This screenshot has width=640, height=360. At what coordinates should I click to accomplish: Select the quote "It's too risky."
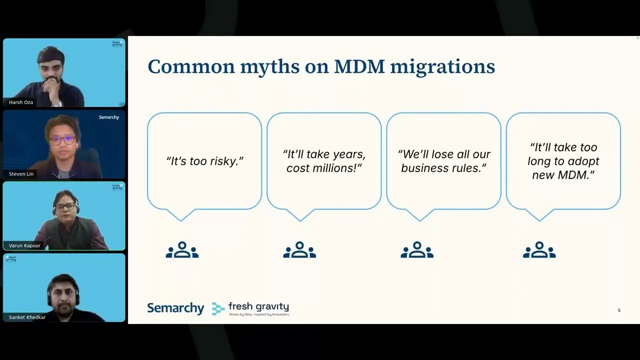coord(204,161)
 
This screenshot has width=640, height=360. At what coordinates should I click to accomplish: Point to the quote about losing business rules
coord(444,161)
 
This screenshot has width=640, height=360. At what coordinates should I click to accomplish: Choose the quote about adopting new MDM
coord(563,161)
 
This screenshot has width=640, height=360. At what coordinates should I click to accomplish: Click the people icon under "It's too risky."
coord(182,250)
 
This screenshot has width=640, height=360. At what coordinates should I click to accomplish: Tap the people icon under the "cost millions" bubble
coord(299,250)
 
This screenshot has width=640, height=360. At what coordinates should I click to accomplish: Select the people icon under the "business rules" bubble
coord(417,250)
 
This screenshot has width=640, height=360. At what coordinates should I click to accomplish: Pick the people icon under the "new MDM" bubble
coord(539,250)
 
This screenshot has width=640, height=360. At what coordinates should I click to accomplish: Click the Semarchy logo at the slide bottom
coord(175,308)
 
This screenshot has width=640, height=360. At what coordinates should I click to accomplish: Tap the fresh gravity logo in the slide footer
coord(251,308)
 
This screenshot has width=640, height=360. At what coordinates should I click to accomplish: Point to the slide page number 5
coord(619,310)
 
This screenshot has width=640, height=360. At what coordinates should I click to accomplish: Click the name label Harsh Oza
coord(21,102)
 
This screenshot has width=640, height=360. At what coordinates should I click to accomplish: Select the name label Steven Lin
coord(21,174)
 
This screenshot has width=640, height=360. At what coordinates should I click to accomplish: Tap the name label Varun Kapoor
coord(24,245)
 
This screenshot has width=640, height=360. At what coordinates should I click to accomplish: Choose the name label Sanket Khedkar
coord(27,317)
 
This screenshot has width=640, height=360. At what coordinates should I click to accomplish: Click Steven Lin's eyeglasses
coord(62,140)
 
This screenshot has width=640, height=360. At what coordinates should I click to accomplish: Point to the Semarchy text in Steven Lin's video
coord(108,117)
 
